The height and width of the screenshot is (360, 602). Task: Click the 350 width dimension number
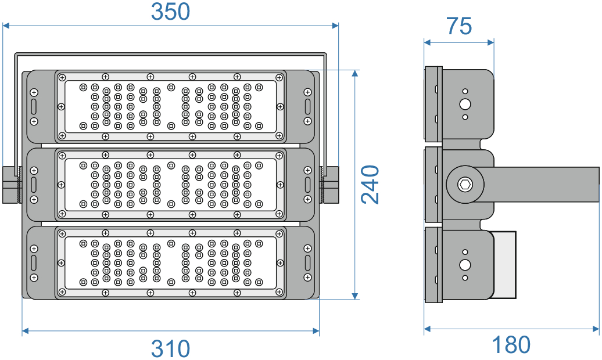click(x=171, y=12)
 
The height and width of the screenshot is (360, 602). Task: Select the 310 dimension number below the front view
click(x=171, y=348)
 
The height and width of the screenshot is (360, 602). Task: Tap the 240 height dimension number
click(x=370, y=185)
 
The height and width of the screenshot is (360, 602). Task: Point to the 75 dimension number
click(x=459, y=26)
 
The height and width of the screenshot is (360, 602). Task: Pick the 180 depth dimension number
click(x=511, y=345)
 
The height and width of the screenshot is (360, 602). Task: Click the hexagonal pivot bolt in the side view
click(x=464, y=185)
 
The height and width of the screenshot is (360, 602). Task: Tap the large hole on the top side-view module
click(x=465, y=105)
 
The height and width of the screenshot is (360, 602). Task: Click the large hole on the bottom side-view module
click(x=465, y=265)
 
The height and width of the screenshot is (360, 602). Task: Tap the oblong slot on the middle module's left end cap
click(x=34, y=185)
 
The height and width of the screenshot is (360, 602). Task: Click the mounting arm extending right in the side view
click(x=540, y=183)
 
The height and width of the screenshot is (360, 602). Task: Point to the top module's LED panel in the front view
click(x=170, y=106)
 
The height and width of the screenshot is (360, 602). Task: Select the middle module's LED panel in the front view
click(x=170, y=185)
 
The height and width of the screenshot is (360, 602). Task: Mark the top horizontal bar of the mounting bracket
click(x=170, y=54)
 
